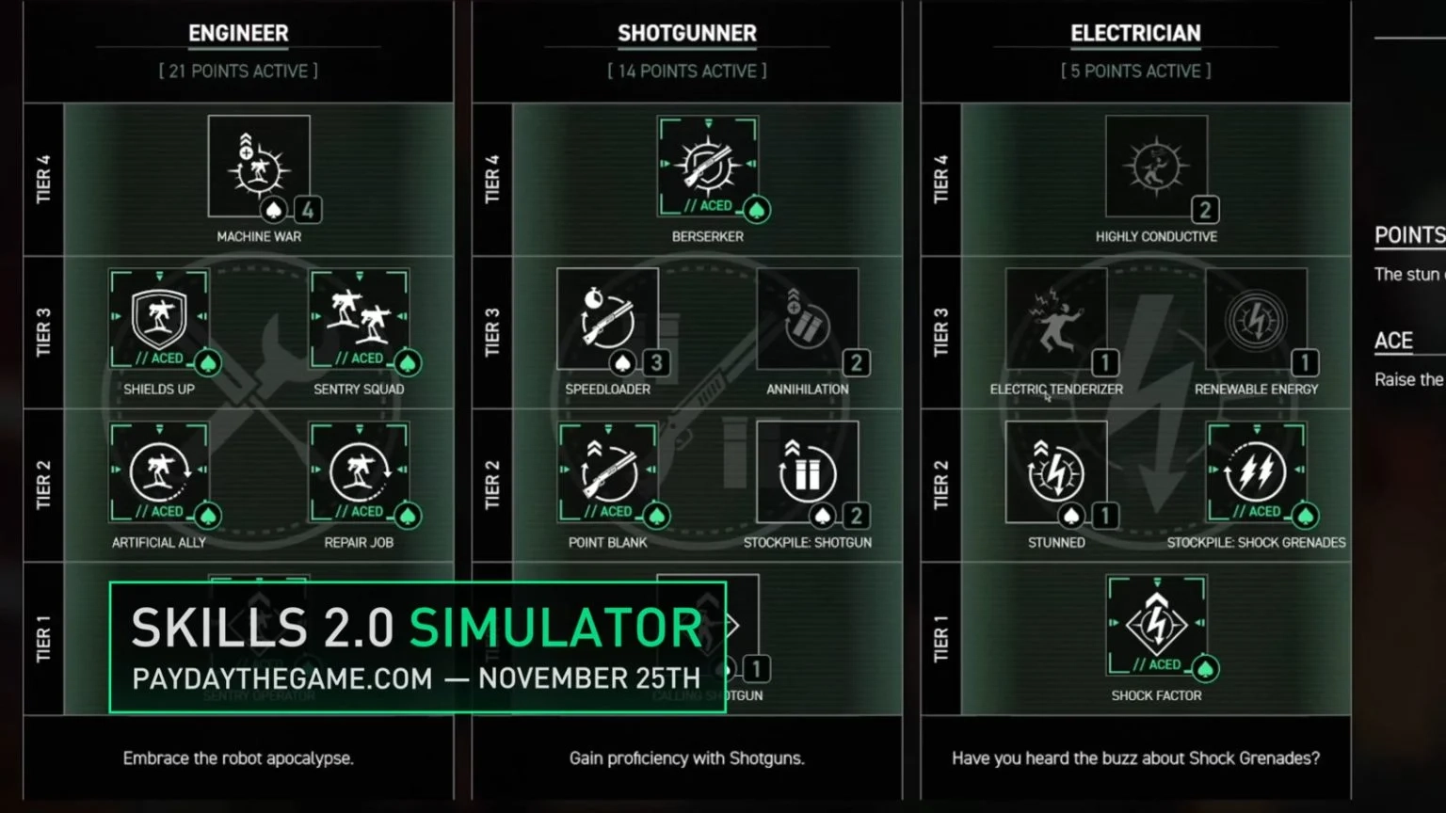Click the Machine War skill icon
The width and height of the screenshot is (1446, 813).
click(259, 167)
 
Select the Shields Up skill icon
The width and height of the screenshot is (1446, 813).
click(159, 318)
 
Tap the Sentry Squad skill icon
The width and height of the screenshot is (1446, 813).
click(359, 318)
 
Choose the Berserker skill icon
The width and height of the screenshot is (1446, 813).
click(708, 166)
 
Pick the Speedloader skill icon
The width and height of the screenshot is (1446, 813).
click(607, 319)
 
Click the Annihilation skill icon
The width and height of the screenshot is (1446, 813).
click(808, 319)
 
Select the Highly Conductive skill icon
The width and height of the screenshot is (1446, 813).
click(1156, 167)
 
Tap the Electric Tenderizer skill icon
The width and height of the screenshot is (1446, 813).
click(1056, 319)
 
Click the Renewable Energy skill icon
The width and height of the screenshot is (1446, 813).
click(1256, 319)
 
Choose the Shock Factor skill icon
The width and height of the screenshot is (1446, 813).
click(1156, 625)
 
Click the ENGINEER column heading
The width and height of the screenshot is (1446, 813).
click(238, 33)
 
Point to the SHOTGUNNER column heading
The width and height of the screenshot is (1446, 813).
click(687, 33)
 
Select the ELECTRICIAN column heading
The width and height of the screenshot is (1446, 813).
click(1135, 33)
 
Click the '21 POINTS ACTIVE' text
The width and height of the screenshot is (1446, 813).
click(238, 72)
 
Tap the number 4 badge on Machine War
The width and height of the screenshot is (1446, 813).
click(308, 209)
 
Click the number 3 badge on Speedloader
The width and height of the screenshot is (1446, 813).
click(656, 362)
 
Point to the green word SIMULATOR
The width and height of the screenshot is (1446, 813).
click(555, 628)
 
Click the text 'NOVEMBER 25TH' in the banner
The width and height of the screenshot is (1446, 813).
click(589, 678)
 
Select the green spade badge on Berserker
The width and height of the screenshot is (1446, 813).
click(757, 209)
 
